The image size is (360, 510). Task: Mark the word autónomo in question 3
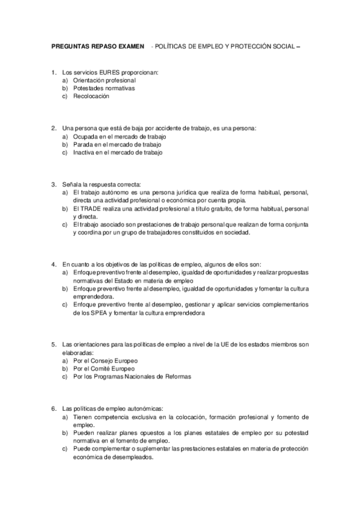click(x=108, y=192)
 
